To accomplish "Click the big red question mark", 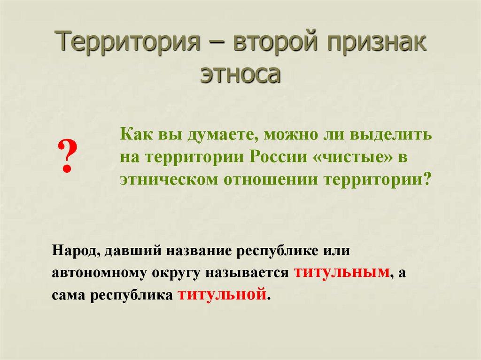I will (67, 157).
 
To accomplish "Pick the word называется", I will (253, 273).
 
